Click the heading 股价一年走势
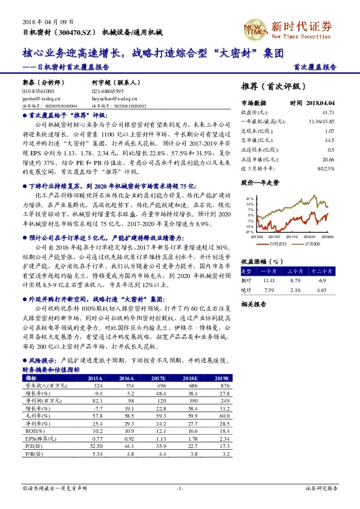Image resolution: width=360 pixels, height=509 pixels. click(x=260, y=182)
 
